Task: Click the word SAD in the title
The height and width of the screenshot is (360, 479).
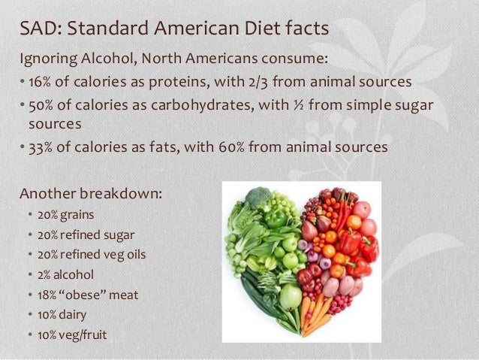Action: coord(38,30)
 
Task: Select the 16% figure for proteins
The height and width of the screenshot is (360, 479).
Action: coord(39,80)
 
